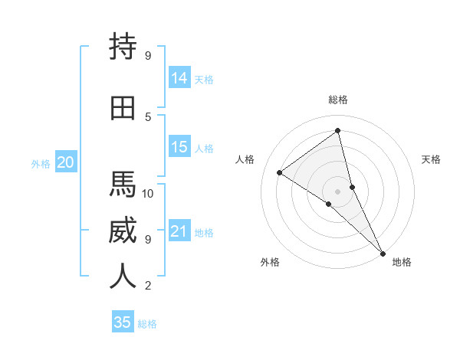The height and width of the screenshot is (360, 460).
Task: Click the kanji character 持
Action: [123, 47]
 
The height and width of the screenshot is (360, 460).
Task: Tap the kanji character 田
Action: [123, 107]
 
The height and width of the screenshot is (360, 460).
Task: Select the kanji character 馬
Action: [123, 185]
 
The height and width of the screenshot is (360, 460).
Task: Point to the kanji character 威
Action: [123, 231]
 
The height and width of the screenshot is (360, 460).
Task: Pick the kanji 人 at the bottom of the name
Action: [123, 277]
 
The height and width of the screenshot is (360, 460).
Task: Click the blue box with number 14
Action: [179, 78]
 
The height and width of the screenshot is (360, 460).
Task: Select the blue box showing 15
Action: [179, 147]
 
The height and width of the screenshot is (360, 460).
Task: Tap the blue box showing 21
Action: [179, 231]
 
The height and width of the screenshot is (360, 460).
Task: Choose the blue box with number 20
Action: [65, 162]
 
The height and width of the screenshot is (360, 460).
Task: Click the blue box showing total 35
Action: [123, 322]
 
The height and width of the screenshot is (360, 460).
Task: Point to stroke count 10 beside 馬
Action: [148, 193]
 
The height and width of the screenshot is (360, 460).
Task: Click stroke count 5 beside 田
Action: [148, 116]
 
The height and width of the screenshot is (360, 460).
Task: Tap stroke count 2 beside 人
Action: [148, 286]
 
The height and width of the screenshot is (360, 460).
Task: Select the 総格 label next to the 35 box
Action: [147, 324]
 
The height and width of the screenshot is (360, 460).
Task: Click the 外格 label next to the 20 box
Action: [40, 163]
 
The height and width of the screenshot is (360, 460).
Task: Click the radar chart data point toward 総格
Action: [337, 131]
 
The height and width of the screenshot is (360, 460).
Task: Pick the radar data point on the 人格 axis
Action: [280, 172]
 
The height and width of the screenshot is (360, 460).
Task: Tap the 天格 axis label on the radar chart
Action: [431, 159]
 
